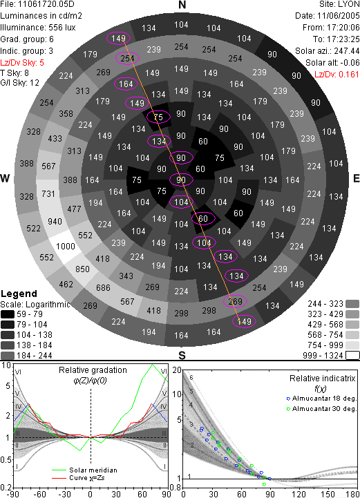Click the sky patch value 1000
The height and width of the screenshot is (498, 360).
66,247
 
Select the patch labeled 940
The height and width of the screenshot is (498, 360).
55,221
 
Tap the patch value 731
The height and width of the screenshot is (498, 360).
48,193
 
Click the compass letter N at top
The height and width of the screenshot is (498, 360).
182,5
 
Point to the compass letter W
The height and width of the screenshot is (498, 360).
5,178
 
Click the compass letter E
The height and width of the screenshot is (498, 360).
356,178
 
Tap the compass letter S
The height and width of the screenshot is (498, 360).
182,355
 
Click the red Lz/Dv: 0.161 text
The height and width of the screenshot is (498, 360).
337,75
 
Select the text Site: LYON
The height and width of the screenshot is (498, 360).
339,4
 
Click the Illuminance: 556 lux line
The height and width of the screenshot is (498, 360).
38,28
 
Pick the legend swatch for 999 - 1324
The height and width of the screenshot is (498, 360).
352,355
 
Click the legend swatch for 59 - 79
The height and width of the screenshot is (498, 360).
8,314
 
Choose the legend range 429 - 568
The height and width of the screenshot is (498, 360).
325,324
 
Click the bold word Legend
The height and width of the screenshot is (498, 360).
19,294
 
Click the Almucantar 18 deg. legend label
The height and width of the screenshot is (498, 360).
324,399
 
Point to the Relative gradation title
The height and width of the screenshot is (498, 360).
93,370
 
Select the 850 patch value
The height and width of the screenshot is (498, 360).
82,269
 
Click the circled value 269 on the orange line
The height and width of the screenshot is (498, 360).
236,301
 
